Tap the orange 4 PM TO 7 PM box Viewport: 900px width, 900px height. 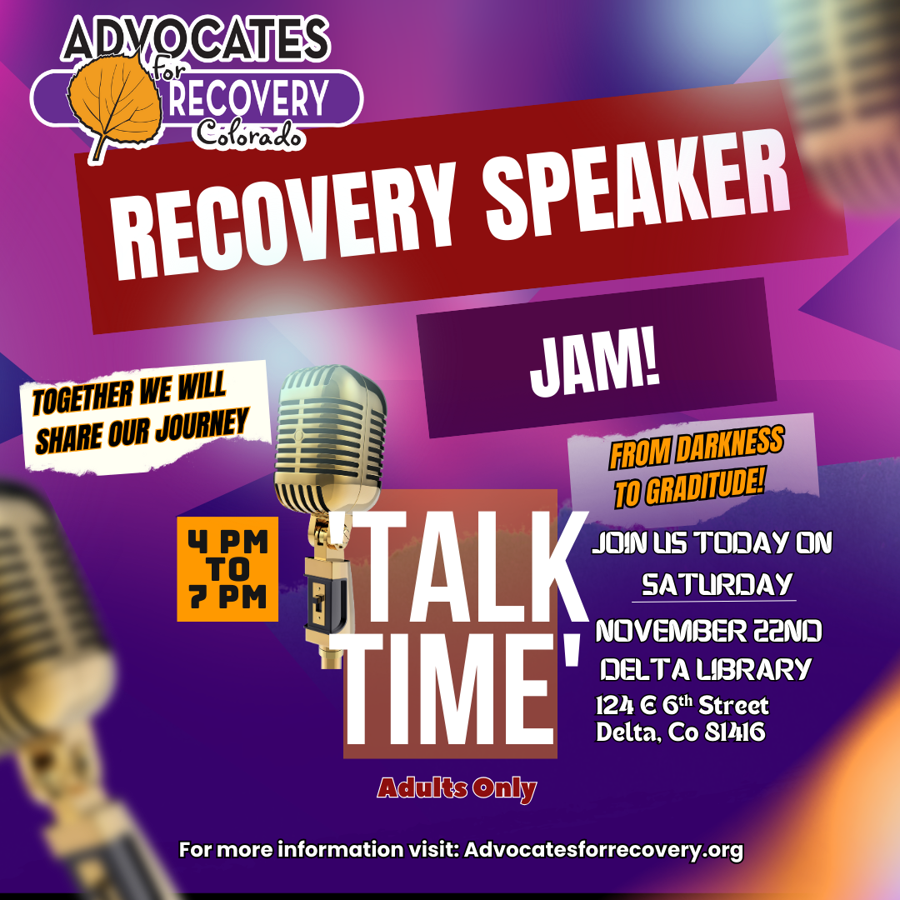click(227, 569)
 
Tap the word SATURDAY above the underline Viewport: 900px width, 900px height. click(712, 584)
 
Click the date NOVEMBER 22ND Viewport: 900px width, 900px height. click(708, 632)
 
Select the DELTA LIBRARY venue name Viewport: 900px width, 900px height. click(705, 669)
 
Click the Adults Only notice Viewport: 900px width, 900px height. click(457, 787)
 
